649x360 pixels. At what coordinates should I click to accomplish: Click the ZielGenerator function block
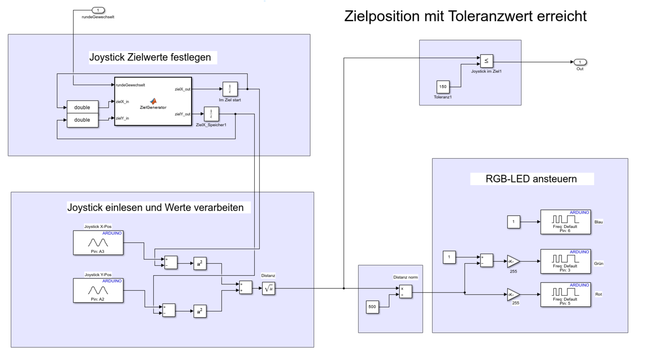[x=153, y=101]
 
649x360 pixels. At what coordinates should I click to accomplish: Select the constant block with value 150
[x=443, y=87]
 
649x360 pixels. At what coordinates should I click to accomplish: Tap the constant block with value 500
[x=372, y=307]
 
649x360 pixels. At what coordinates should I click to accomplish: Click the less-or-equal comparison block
[x=486, y=61]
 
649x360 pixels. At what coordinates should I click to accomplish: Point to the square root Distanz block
[x=269, y=289]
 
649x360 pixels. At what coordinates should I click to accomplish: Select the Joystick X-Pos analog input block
[x=98, y=242]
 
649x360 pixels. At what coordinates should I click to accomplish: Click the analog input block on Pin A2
[x=98, y=290]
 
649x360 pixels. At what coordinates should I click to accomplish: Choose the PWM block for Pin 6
[x=565, y=222]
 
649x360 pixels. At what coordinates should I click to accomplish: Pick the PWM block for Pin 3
[x=565, y=261]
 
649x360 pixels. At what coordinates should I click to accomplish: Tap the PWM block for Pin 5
[x=565, y=295]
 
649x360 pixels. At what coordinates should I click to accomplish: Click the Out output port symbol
[x=580, y=62]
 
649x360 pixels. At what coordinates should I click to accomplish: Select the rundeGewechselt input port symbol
[x=98, y=10]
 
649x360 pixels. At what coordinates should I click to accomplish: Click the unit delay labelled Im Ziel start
[x=229, y=89]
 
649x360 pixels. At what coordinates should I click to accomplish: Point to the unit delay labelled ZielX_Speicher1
[x=211, y=114]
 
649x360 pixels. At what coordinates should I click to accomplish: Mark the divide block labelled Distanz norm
[x=405, y=292]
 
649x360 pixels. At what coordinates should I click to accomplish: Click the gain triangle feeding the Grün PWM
[x=513, y=261]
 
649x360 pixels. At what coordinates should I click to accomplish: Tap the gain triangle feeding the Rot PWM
[x=513, y=295]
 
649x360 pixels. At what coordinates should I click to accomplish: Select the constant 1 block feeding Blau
[x=513, y=222]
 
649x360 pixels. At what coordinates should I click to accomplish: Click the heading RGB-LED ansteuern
[x=531, y=179]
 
